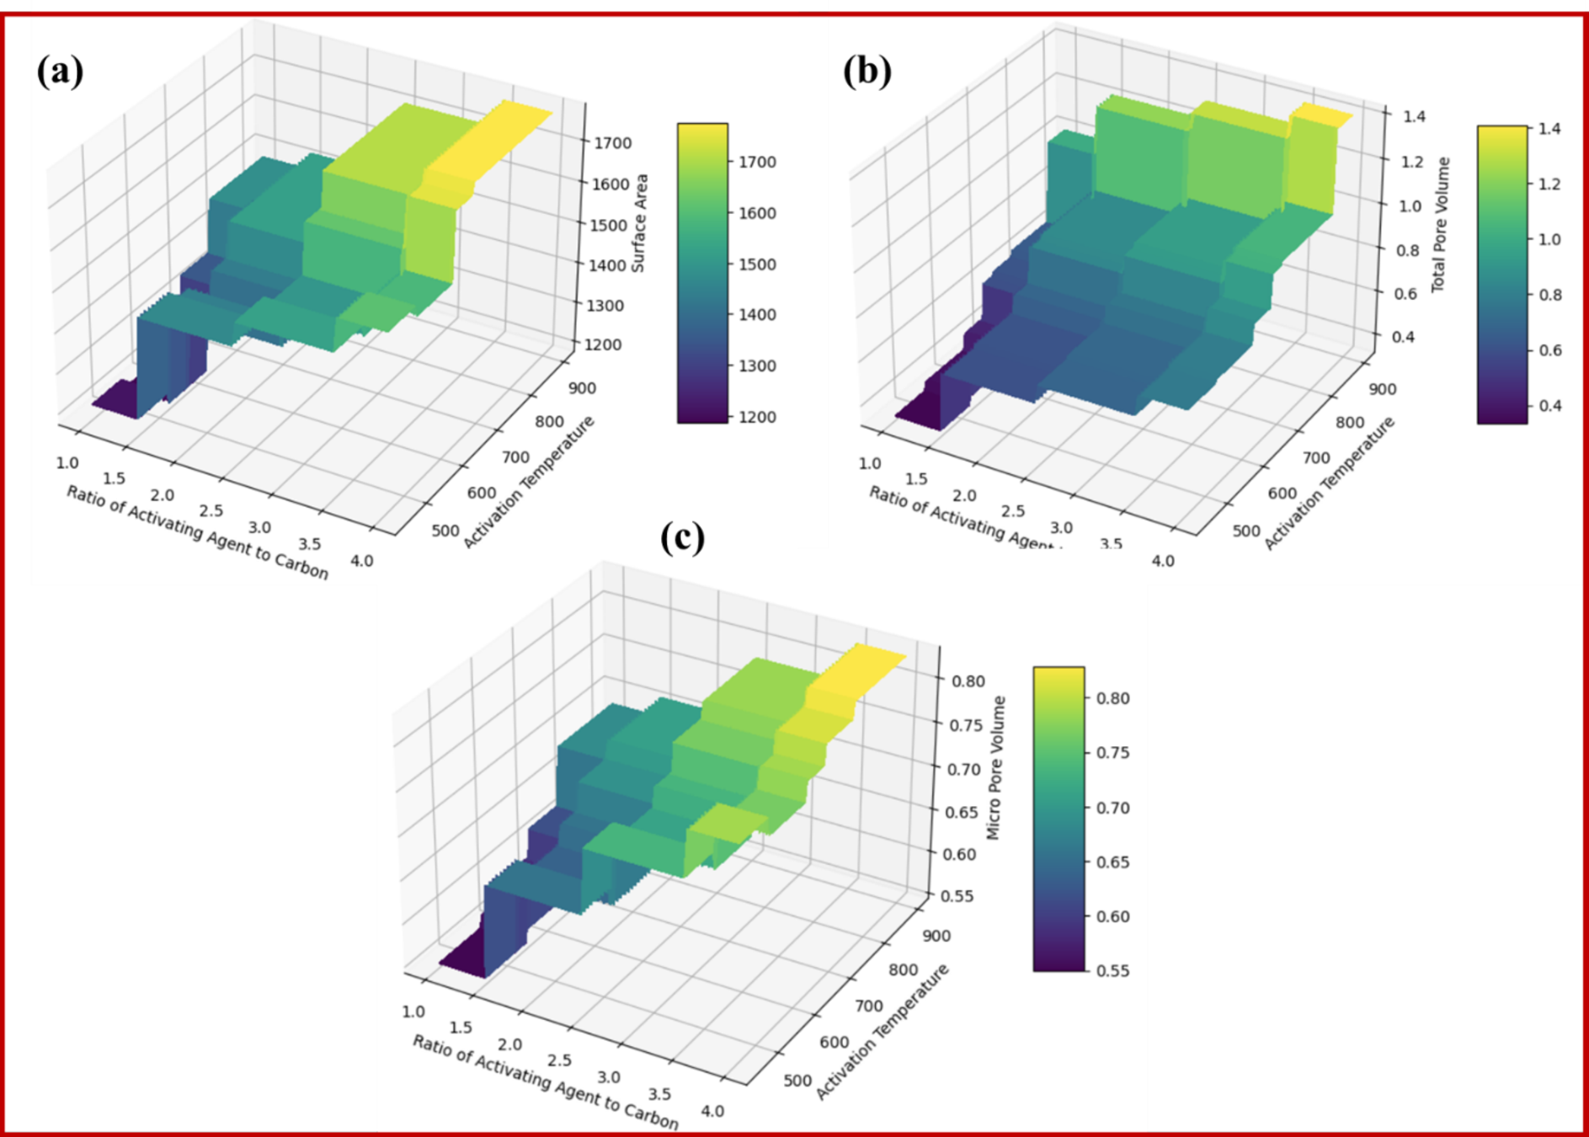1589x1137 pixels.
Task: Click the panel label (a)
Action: click(x=60, y=71)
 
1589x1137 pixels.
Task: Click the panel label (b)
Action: click(x=866, y=71)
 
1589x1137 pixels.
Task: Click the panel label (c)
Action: click(x=682, y=537)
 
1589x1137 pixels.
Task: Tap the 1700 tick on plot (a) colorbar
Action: click(x=757, y=163)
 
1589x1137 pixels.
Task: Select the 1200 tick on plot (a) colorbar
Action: click(x=757, y=417)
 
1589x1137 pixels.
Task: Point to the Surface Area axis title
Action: click(x=640, y=223)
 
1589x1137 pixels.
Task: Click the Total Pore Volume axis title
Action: click(x=1441, y=225)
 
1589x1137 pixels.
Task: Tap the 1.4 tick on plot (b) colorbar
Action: click(x=1549, y=129)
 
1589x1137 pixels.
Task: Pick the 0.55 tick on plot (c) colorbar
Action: click(x=1112, y=970)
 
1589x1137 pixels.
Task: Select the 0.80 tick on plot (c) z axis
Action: click(x=968, y=681)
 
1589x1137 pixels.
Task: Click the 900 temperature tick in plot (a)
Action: click(x=582, y=388)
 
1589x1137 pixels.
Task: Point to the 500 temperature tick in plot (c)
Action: click(x=797, y=1081)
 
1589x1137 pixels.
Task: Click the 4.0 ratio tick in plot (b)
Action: click(x=1162, y=561)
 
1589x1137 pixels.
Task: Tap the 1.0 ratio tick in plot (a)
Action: click(x=67, y=463)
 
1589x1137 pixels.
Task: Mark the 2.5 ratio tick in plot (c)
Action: click(x=559, y=1060)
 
